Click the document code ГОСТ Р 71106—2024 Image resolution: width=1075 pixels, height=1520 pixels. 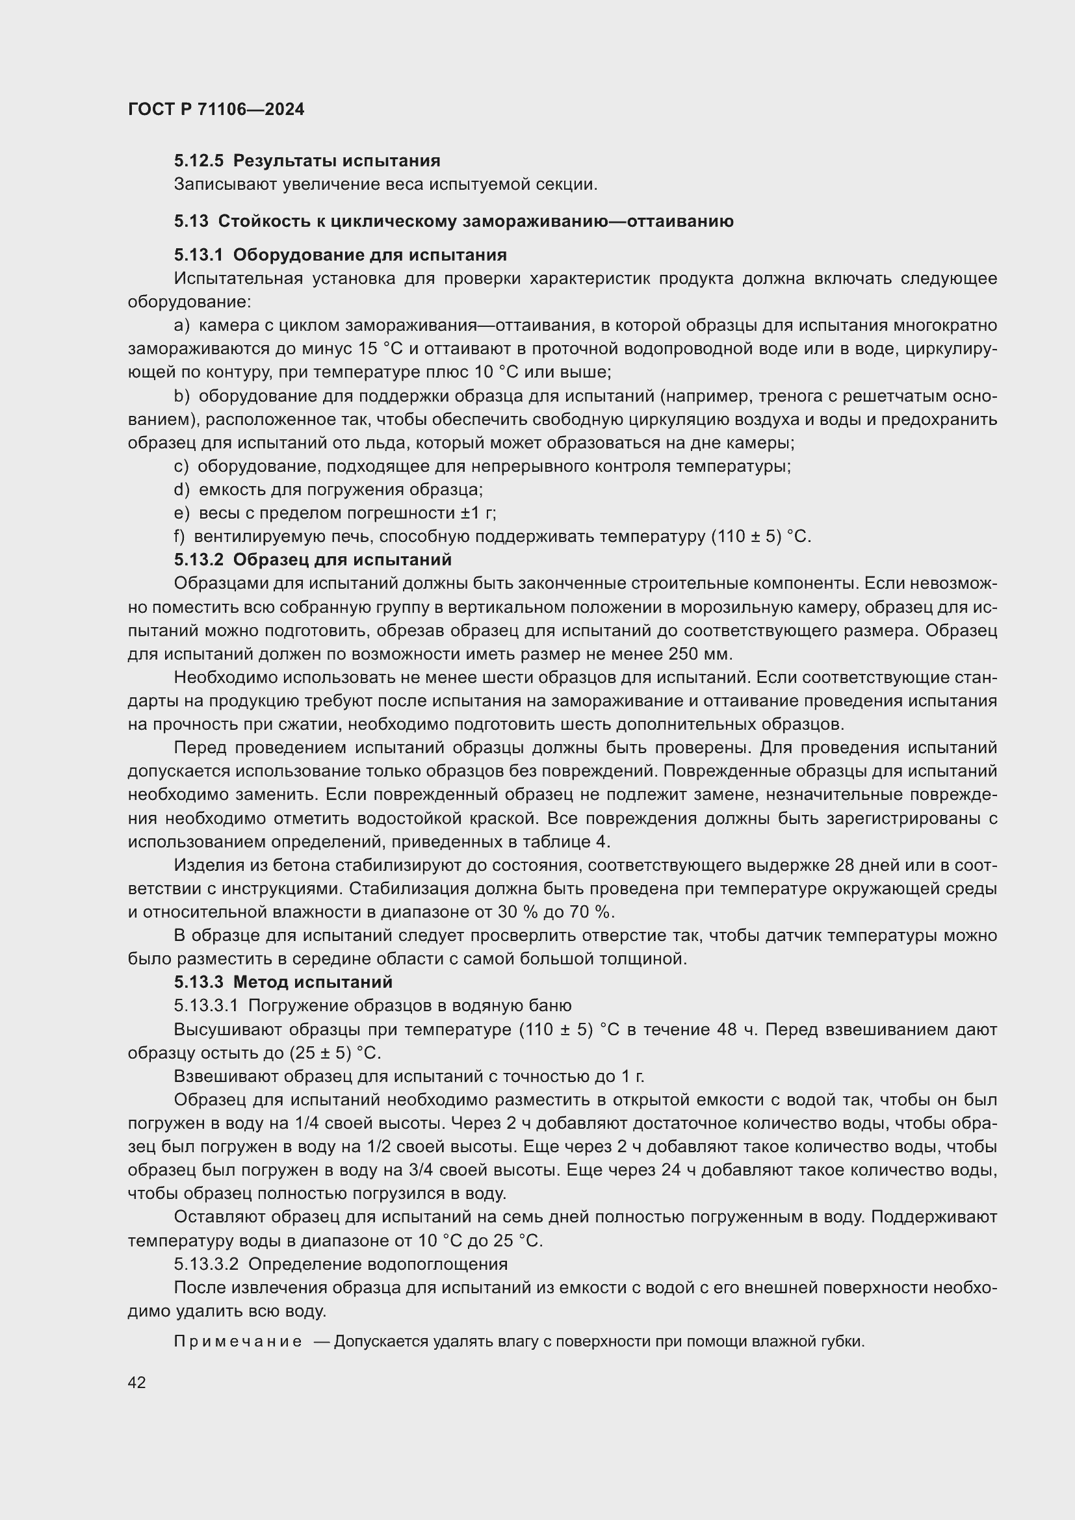pyautogui.click(x=216, y=109)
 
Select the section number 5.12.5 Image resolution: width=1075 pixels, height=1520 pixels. pyautogui.click(x=199, y=161)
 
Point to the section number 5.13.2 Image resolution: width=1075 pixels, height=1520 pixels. pyautogui.click(x=199, y=560)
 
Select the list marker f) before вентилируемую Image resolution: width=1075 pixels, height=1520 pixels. pyautogui.click(x=179, y=536)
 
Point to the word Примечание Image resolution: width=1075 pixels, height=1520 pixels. pyautogui.click(x=238, y=1342)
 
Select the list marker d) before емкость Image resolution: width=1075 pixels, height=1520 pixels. pyautogui.click(x=181, y=490)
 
